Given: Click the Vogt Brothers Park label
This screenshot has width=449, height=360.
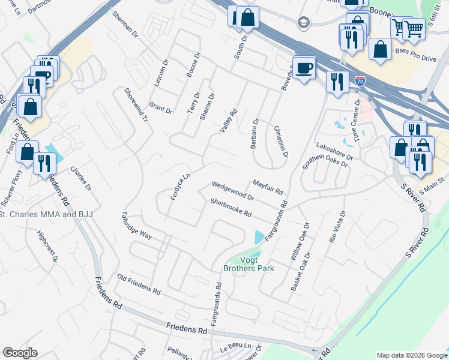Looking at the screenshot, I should (249, 264).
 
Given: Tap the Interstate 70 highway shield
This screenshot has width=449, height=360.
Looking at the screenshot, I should (360, 80).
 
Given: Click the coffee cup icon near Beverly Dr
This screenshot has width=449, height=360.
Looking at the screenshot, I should (304, 67).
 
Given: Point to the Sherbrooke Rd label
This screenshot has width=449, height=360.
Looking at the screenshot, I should (230, 209).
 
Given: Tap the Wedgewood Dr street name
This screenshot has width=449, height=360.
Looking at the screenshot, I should (234, 190).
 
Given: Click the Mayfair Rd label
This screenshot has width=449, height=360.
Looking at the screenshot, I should (268, 187).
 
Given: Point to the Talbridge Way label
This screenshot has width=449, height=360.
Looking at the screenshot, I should (136, 224).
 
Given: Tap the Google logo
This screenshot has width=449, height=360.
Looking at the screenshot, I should (20, 353).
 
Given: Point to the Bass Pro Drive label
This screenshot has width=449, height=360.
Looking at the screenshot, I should (415, 59).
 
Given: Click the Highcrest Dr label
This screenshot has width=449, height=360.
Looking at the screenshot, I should (46, 247).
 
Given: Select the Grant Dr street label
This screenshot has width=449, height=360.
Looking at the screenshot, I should (160, 108).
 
